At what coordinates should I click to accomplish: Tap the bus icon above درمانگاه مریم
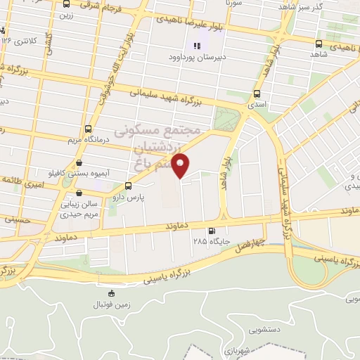click(x=88, y=129)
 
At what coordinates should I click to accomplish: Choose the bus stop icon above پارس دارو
click(x=128, y=186)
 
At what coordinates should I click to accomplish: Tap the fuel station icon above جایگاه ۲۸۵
click(x=212, y=231)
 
